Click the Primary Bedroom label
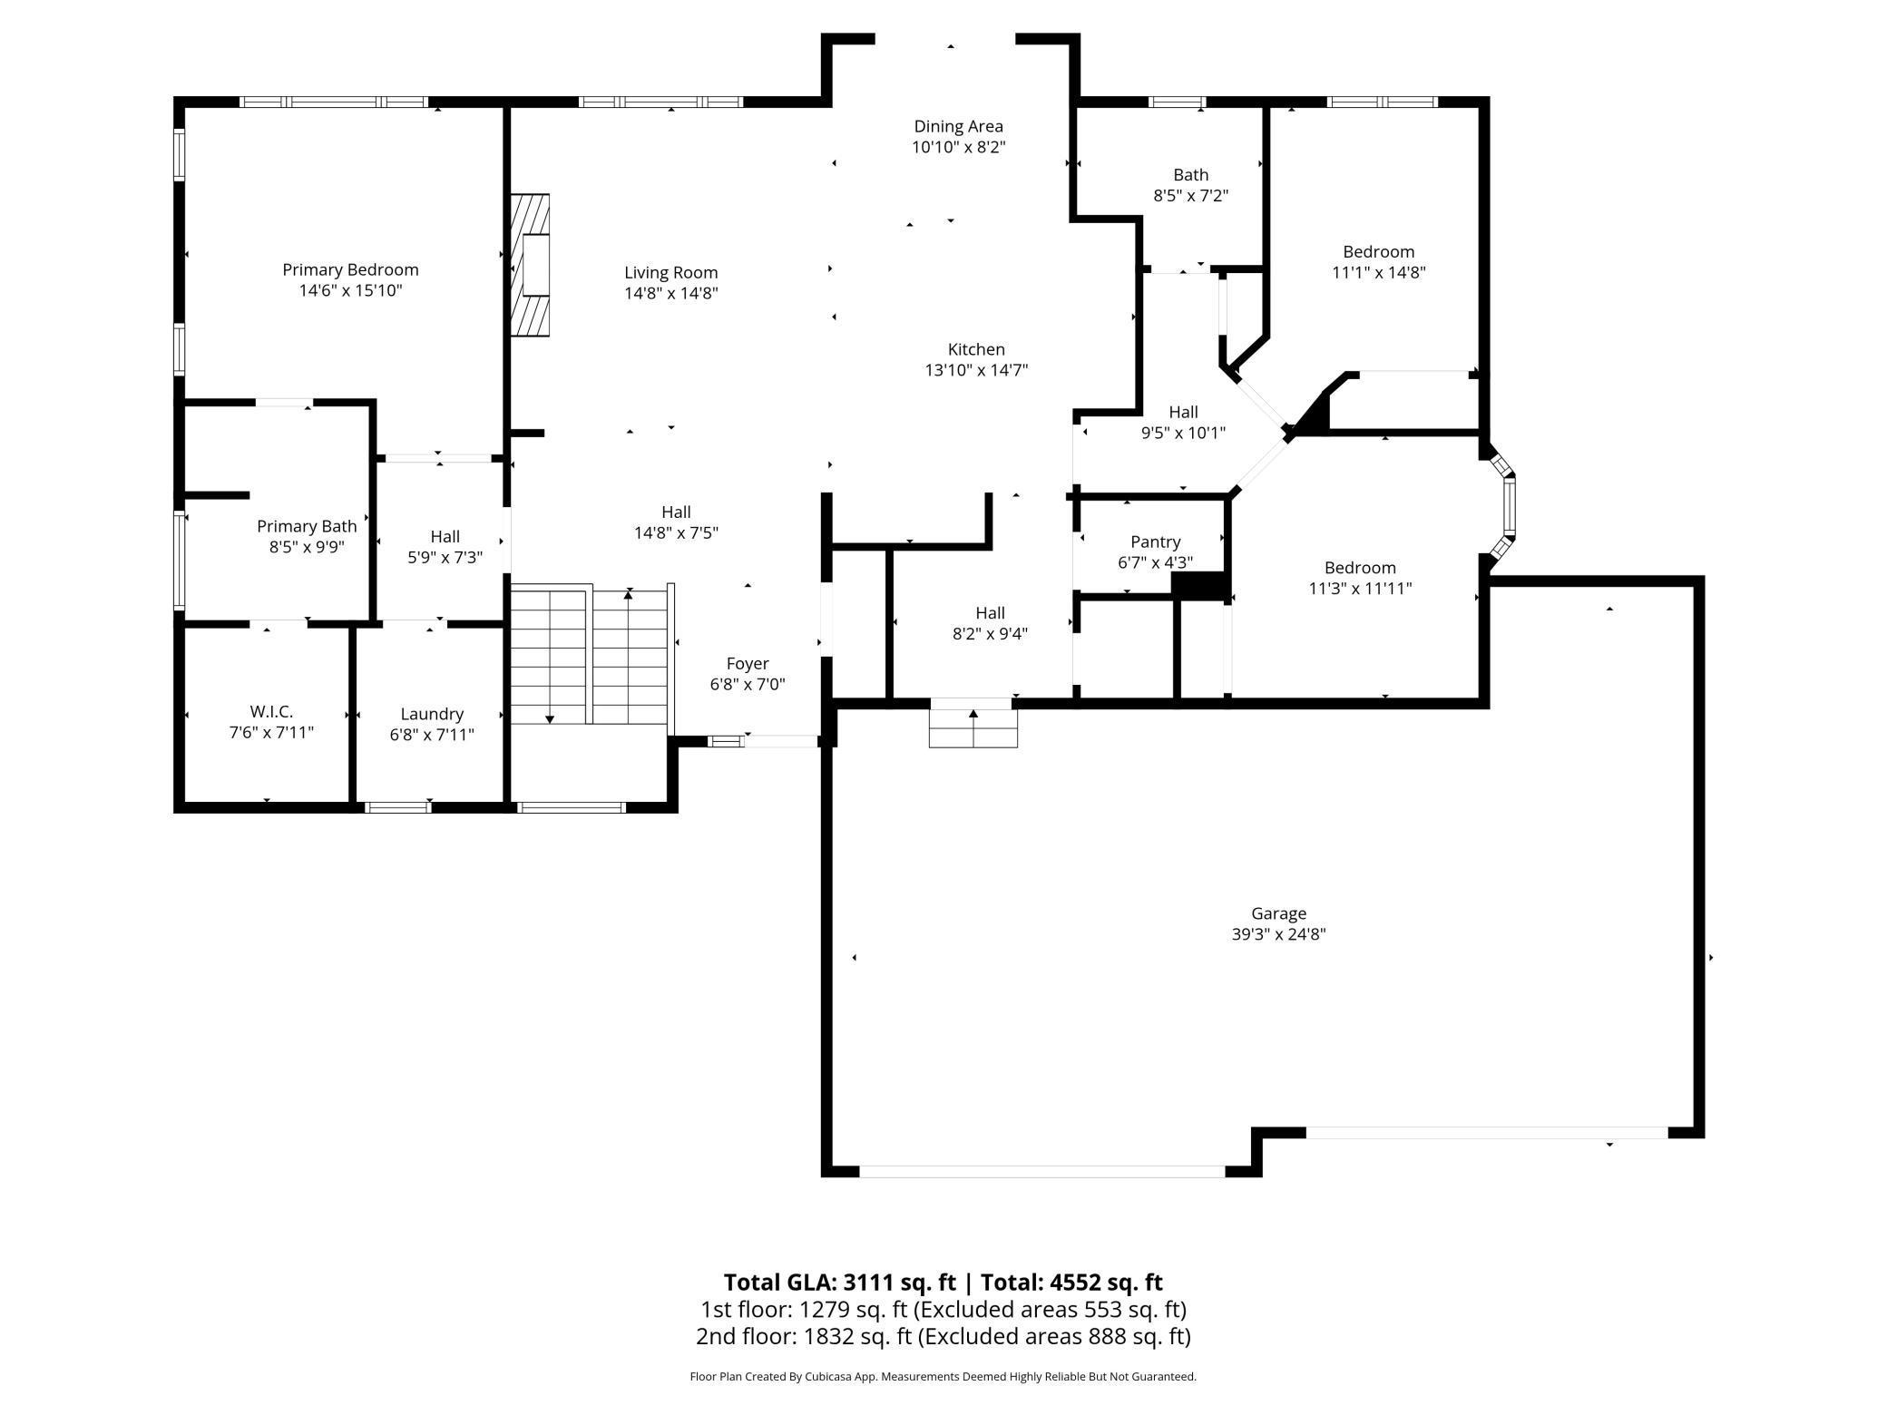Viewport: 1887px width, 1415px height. pos(350,269)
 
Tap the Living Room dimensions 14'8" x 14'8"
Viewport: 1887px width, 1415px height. pos(670,293)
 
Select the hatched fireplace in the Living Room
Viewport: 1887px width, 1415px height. pos(531,265)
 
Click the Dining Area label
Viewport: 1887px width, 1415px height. pos(958,126)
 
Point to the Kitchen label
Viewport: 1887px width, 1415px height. pos(976,349)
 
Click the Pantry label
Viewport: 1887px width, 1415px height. pos(1155,542)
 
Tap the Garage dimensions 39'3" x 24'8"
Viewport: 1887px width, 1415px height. pos(1278,934)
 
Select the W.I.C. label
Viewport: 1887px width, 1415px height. pos(271,712)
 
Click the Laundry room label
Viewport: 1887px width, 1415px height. pos(432,714)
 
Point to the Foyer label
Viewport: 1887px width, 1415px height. pos(748,663)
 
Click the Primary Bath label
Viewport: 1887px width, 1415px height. pos(307,526)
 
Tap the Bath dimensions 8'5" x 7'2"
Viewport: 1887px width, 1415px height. pos(1190,195)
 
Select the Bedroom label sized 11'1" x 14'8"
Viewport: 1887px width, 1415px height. pos(1378,251)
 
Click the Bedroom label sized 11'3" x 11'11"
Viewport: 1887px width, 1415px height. pos(1359,568)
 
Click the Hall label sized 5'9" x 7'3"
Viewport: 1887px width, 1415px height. pos(445,536)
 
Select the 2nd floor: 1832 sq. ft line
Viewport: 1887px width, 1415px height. pos(943,1336)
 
